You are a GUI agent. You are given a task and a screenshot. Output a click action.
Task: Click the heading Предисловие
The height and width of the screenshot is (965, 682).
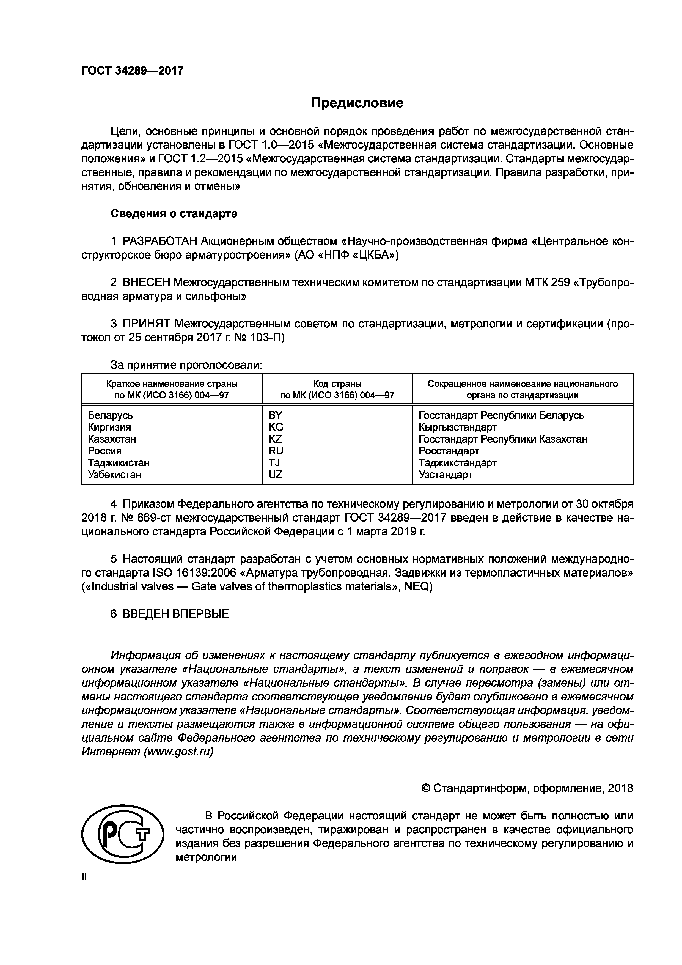(x=357, y=103)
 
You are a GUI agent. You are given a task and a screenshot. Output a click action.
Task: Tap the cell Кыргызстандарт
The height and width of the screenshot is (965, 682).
(x=458, y=427)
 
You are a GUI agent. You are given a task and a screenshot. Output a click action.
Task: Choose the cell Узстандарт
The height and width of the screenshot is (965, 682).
(x=446, y=475)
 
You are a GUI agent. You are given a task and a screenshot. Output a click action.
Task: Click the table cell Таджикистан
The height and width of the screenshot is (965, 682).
(x=119, y=463)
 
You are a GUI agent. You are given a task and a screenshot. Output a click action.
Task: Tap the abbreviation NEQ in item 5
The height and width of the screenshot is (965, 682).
(x=416, y=586)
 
